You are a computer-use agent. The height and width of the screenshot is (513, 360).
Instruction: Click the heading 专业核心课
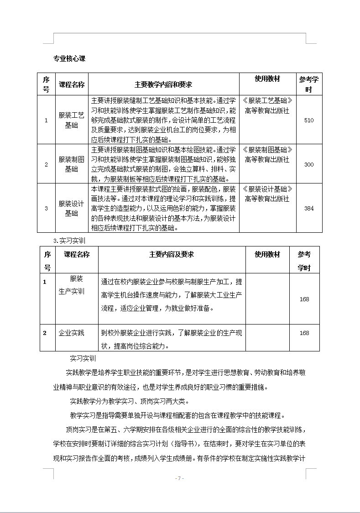point(69,58)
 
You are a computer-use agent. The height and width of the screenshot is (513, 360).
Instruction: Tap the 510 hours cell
point(308,120)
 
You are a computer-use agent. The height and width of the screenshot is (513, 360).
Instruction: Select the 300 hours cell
point(308,164)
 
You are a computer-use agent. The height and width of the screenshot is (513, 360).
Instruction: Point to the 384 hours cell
point(308,208)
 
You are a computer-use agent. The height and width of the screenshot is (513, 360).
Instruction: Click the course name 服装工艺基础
point(72,120)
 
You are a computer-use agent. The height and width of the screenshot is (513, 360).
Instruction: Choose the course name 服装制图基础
point(72,164)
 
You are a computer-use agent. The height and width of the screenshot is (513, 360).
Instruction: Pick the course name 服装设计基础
point(72,208)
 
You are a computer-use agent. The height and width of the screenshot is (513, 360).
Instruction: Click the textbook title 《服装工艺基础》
point(267,100)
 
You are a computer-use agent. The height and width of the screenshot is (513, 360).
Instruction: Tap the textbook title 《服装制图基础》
point(267,150)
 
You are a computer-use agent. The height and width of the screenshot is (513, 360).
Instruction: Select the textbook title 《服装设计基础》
point(267,189)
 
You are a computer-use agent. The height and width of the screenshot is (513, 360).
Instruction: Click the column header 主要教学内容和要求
point(163,84)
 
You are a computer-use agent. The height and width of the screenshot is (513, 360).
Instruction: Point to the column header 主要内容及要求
point(172,255)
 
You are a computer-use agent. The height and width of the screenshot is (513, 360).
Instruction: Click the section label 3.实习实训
point(69,240)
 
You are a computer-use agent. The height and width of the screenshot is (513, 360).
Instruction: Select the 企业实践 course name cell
point(72,333)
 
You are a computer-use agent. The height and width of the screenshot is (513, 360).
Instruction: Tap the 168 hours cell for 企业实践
point(304,333)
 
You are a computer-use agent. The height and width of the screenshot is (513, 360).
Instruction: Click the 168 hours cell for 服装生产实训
point(304,299)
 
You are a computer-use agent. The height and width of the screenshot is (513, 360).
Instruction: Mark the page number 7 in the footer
point(179,478)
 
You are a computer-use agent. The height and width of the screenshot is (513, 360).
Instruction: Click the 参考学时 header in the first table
point(308,84)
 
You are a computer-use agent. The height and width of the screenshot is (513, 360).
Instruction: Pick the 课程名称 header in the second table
point(77,254)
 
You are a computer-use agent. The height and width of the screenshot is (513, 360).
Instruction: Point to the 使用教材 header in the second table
point(267,255)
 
